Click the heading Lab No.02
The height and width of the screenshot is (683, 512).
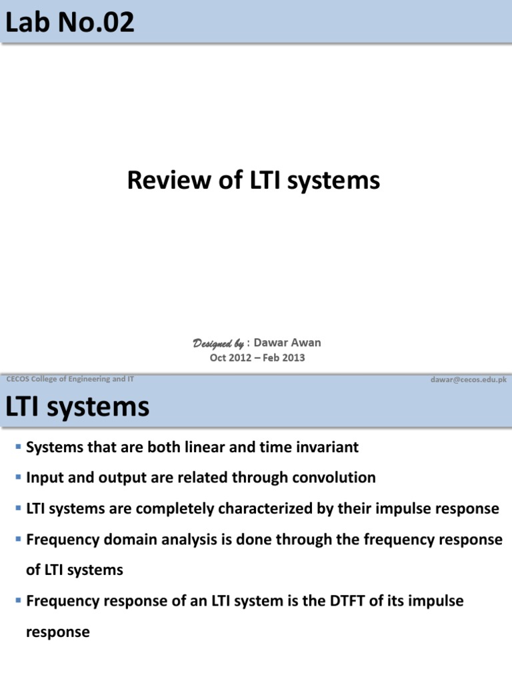pyautogui.click(x=70, y=23)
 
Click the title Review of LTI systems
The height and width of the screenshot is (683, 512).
pyautogui.click(x=253, y=180)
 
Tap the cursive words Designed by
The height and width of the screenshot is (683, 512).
pyautogui.click(x=218, y=344)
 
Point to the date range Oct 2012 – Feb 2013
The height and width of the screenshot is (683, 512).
pyautogui.click(x=257, y=358)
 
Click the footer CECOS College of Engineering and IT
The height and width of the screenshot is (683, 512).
pyautogui.click(x=70, y=379)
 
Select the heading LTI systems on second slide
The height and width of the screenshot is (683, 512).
pyautogui.click(x=77, y=408)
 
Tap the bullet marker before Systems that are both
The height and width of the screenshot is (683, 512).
pyautogui.click(x=17, y=446)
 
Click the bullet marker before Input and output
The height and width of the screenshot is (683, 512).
pyautogui.click(x=17, y=478)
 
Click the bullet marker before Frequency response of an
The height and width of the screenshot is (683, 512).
pyautogui.click(x=17, y=601)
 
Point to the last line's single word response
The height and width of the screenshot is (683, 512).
pyautogui.click(x=57, y=632)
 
